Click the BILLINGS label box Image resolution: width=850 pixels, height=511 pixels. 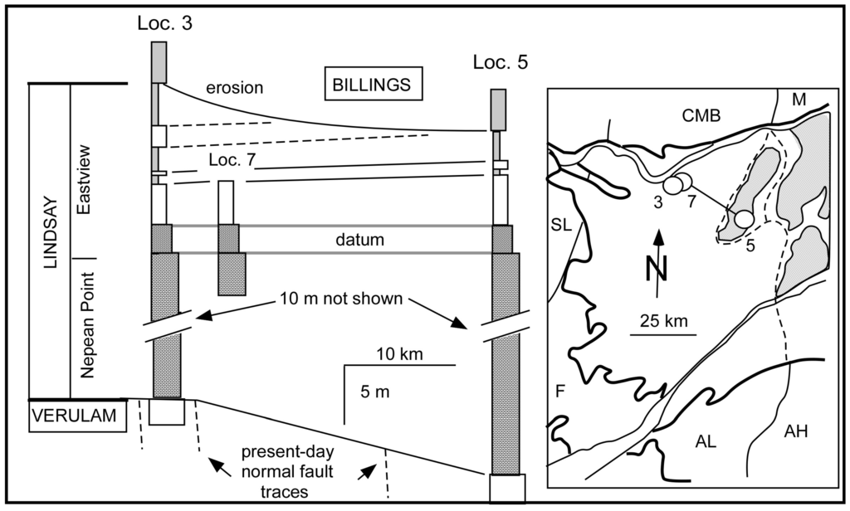(373, 85)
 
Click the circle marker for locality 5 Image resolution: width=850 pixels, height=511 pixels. (745, 218)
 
